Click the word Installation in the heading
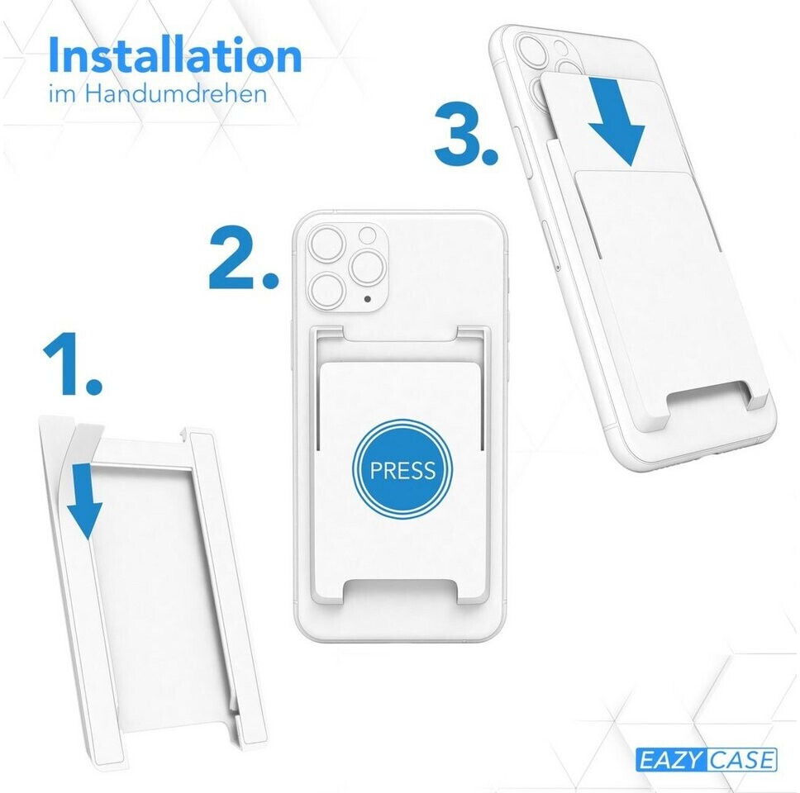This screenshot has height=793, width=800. coord(175,55)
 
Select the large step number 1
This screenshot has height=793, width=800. coord(71,363)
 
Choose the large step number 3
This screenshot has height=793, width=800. coord(466,134)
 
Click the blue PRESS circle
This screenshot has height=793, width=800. coord(402,469)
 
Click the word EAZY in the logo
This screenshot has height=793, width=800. coord(670,760)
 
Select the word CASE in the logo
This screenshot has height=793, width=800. coord(741,760)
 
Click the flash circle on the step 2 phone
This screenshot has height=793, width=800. coord(367,235)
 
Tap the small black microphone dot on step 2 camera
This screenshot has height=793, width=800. coord(368,299)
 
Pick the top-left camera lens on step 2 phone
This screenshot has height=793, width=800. coord(328,245)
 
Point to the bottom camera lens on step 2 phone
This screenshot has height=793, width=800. coord(328,290)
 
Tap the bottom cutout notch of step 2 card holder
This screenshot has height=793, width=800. coord(401,591)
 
